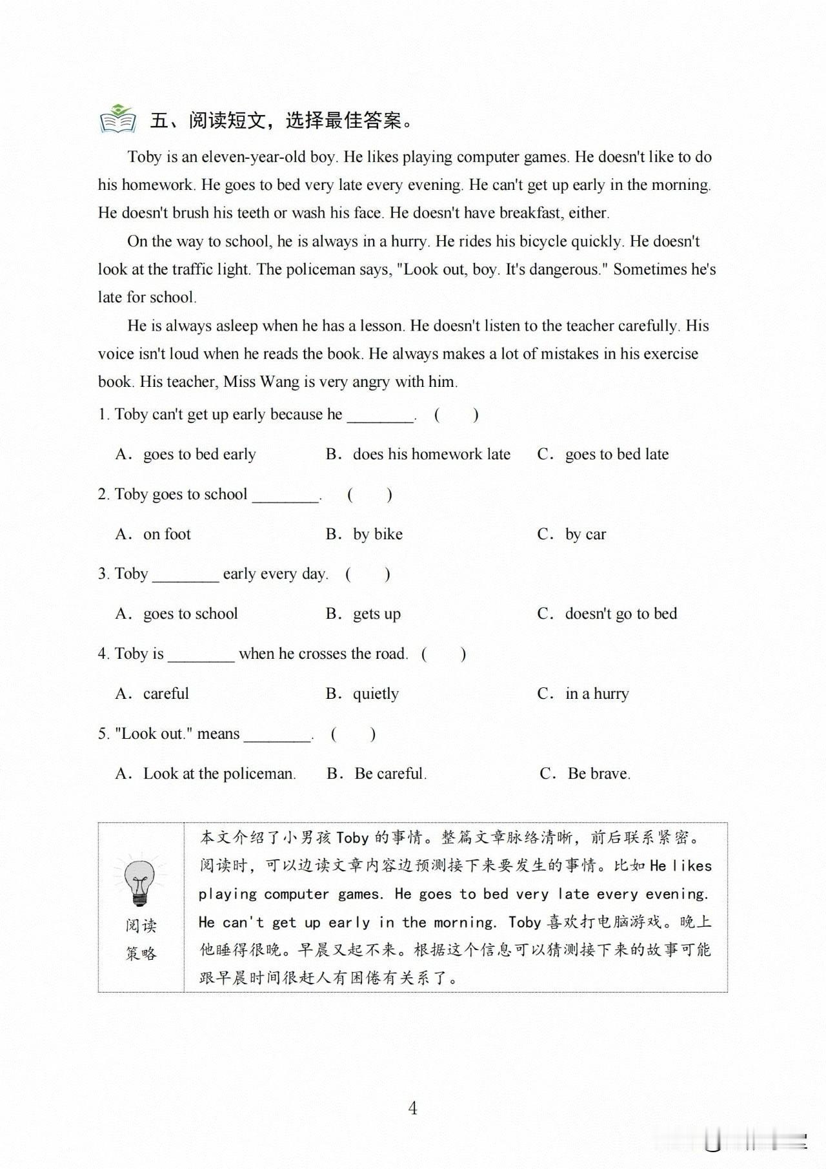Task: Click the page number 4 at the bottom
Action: coord(413,1108)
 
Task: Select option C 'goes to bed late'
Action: coord(616,454)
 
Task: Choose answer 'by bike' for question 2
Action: coord(378,534)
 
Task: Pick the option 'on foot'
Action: coord(166,534)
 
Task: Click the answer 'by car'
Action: coord(585,534)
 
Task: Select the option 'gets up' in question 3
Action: coord(376,614)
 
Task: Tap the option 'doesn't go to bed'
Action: coord(621,614)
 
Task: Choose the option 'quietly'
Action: coord(376,694)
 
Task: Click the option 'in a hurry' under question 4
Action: coord(597,694)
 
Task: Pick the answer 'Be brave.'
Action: coord(599,774)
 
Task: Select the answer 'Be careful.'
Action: coord(390,774)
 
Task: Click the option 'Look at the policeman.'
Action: coord(219,774)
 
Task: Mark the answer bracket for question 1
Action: coord(456,415)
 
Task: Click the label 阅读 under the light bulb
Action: coord(141,926)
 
